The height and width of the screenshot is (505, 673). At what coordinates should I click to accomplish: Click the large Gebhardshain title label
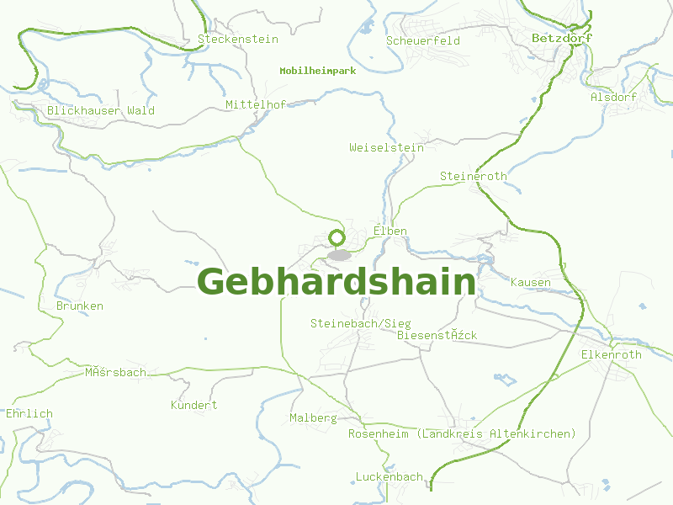click(336, 282)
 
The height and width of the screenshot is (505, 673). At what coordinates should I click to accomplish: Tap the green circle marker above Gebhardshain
click(337, 238)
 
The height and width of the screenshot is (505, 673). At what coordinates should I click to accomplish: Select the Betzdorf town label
click(562, 38)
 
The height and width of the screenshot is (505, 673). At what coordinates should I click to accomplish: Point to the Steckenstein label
click(237, 39)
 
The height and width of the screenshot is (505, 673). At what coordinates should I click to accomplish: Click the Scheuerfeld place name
click(422, 40)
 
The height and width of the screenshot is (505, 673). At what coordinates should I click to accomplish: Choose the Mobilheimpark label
click(317, 71)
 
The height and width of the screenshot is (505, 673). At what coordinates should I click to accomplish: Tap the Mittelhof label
click(256, 104)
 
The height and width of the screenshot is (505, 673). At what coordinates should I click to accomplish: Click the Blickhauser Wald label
click(101, 110)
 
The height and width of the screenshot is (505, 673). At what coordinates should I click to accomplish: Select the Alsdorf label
click(613, 97)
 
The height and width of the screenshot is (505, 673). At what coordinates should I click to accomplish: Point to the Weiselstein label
click(386, 147)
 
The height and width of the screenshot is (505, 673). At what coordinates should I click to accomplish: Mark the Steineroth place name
click(473, 176)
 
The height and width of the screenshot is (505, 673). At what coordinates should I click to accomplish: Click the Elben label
click(390, 231)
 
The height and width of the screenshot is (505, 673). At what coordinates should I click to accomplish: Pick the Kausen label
click(531, 282)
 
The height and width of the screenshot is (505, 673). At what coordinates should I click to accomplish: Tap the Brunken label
click(80, 306)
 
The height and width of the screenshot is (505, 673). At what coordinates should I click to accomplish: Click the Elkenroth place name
click(611, 354)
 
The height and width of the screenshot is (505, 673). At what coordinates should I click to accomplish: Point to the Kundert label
click(193, 405)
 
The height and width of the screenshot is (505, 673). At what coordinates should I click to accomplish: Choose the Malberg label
click(313, 417)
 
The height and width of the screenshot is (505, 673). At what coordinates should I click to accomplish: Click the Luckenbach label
click(389, 476)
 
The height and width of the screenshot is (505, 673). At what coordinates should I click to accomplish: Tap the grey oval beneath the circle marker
click(339, 255)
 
